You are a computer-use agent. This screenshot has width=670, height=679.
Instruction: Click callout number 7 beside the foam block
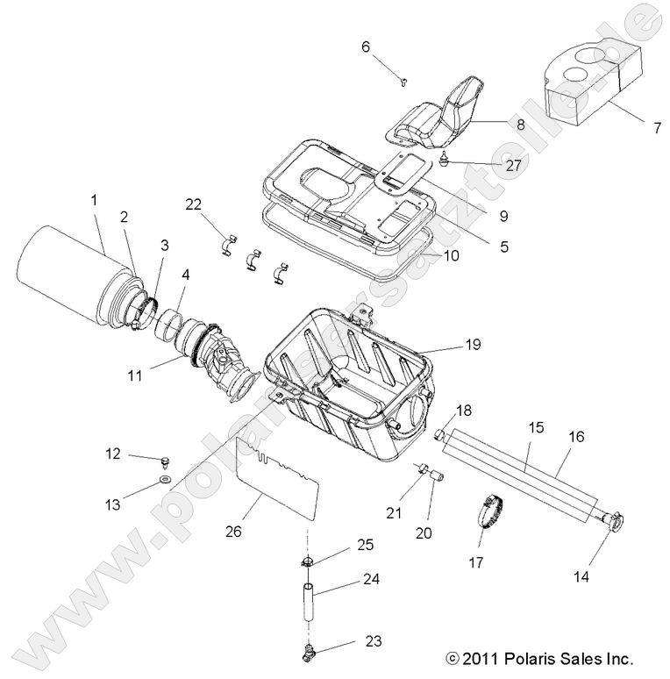(656, 127)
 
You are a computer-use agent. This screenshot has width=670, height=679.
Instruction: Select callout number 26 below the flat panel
(233, 531)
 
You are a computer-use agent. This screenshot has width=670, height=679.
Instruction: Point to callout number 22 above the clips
(193, 204)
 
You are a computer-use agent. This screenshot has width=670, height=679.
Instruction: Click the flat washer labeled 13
(166, 481)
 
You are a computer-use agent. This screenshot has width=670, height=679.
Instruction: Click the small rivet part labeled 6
(403, 82)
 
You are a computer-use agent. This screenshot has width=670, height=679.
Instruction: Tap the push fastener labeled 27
(447, 161)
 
